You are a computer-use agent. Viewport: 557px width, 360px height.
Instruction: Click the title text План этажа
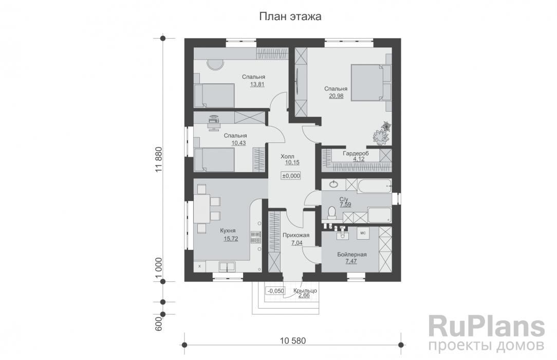click(x=290, y=16)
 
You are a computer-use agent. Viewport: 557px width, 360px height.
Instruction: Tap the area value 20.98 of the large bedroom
click(x=336, y=96)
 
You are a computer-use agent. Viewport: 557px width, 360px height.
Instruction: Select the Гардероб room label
click(x=356, y=154)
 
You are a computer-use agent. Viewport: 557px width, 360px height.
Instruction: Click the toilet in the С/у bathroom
click(x=332, y=212)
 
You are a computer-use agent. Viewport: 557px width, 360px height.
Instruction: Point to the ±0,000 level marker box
click(x=291, y=175)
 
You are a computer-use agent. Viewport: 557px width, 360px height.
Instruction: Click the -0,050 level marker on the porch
click(x=275, y=291)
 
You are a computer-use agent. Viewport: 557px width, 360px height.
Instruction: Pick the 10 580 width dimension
click(x=293, y=341)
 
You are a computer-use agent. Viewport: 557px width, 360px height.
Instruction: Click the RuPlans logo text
click(x=487, y=327)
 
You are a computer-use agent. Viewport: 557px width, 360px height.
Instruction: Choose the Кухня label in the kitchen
click(x=228, y=231)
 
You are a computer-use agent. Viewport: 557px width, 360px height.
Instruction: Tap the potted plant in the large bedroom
click(x=382, y=134)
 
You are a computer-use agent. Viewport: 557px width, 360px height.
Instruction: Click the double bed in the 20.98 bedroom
click(x=371, y=83)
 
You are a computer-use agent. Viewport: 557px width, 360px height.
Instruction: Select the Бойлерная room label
click(x=351, y=255)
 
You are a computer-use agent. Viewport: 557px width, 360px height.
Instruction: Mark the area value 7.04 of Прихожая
click(x=296, y=243)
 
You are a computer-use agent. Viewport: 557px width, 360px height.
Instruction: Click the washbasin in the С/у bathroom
click(x=333, y=184)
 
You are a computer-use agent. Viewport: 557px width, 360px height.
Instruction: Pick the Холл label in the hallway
click(x=287, y=156)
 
